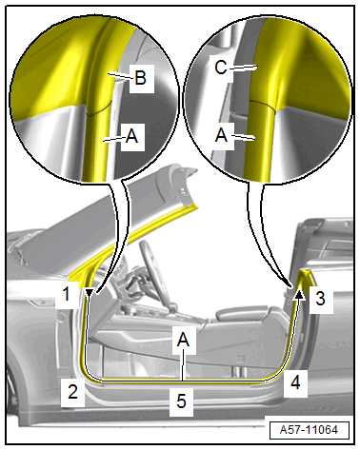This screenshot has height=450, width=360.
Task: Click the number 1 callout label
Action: point(66,294)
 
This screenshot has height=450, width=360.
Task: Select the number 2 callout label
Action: point(72,391)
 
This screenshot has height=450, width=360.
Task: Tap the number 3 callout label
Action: point(320,298)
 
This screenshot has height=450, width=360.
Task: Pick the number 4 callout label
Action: point(295,382)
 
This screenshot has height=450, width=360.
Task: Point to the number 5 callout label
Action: point(181,401)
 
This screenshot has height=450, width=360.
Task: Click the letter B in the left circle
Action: point(140,77)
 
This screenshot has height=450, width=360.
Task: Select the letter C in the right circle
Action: point(221,68)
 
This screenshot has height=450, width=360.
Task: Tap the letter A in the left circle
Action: point(131,137)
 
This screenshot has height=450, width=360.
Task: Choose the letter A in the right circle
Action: point(221,135)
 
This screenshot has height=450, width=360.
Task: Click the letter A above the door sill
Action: point(183,340)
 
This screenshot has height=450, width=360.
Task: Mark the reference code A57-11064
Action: point(310,430)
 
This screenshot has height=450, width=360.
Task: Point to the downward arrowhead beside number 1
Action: point(90,292)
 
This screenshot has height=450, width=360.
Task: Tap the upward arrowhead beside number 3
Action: point(300,294)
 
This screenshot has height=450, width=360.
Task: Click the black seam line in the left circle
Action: point(100,109)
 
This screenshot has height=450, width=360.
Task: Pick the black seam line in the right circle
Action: point(263,105)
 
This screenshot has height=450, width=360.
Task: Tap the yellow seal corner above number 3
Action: point(308,275)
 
